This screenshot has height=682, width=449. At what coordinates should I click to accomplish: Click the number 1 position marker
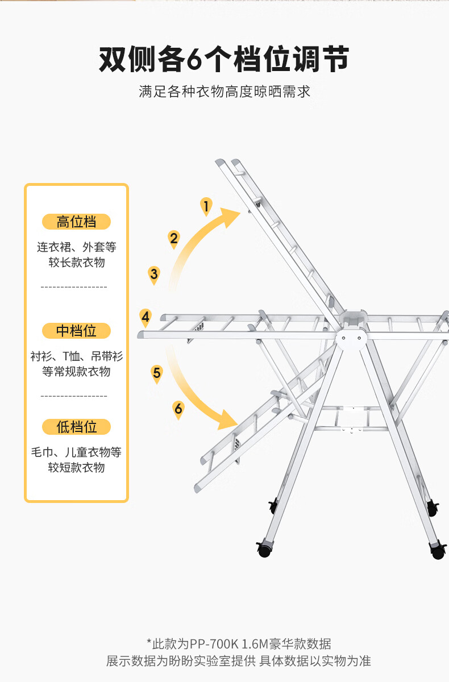[x=206, y=207]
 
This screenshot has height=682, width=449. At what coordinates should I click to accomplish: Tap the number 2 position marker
[x=174, y=239]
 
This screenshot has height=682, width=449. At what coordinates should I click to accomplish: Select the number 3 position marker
[x=154, y=275]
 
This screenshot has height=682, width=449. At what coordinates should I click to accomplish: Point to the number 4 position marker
[x=145, y=318]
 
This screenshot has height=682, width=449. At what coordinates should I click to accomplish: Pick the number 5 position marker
[x=157, y=374]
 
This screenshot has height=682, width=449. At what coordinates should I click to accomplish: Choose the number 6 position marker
[x=178, y=410]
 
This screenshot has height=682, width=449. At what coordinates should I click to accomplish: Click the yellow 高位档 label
[x=76, y=222]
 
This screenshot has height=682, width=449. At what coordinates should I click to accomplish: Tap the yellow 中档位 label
[x=76, y=331]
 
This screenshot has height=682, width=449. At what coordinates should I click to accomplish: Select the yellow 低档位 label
[x=76, y=427]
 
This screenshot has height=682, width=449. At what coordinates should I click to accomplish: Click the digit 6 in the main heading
[x=194, y=59]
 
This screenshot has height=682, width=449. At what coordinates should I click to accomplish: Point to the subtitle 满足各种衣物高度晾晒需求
[x=224, y=92]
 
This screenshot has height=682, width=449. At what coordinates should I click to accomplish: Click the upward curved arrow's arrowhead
[x=230, y=217]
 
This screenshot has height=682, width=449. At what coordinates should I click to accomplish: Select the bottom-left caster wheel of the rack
[x=264, y=549]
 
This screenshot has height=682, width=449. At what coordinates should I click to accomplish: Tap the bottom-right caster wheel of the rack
[x=438, y=551]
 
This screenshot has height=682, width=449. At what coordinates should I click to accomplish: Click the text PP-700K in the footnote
[x=214, y=644]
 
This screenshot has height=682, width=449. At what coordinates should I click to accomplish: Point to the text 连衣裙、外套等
[x=77, y=247]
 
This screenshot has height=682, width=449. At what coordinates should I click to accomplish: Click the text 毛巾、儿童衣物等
[x=76, y=452]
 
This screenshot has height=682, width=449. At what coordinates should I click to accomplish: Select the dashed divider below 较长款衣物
[x=74, y=287]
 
